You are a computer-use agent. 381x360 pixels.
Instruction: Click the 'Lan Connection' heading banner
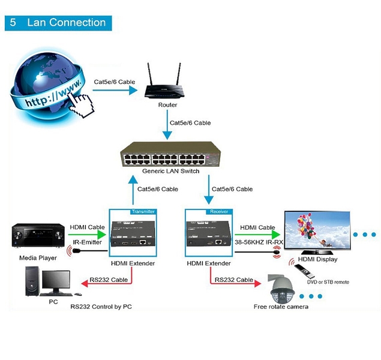pos(58,23)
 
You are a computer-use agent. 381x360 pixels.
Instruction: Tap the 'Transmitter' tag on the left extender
pos(143,211)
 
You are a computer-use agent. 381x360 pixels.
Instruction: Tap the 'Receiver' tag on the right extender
pos(217,211)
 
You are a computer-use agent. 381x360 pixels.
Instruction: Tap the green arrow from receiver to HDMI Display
pos(257,236)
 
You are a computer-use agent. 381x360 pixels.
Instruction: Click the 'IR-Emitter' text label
pos(88,243)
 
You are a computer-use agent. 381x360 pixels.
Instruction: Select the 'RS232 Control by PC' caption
pos(101,307)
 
